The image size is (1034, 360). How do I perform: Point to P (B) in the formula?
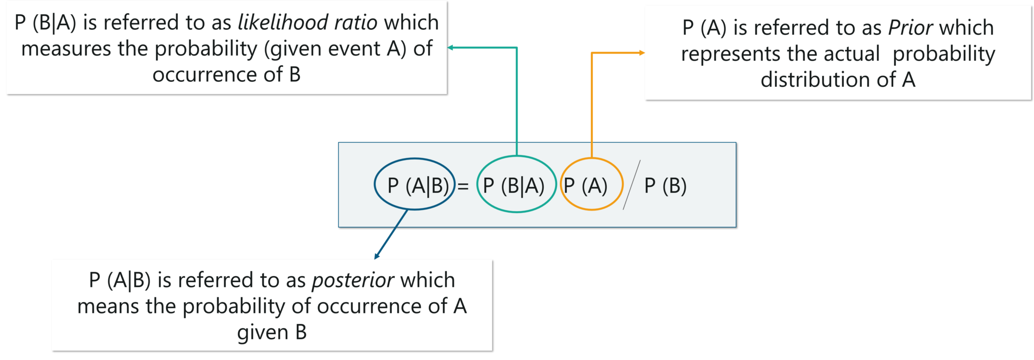click(665, 186)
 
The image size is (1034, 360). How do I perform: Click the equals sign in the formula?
click(463, 187)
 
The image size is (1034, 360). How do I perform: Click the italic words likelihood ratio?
click(307, 23)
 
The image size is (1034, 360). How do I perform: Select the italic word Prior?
click(910, 28)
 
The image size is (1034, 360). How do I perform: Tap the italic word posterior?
click(353, 280)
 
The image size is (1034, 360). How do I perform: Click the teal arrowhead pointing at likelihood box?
click(451, 48)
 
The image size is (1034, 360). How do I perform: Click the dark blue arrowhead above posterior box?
click(377, 255)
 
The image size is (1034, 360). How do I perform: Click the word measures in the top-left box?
click(66, 49)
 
